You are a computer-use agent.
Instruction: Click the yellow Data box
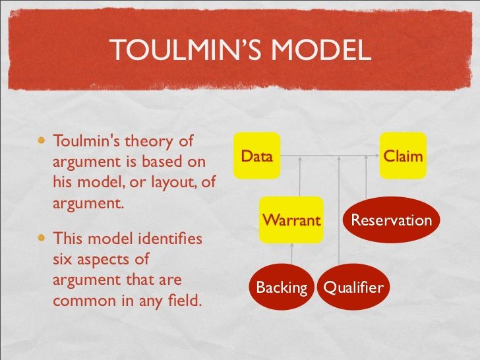257,156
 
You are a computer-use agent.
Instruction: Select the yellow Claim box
403,156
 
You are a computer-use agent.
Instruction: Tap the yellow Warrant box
291,220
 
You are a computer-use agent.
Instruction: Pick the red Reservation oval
391,220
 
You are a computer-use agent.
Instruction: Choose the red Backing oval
282,287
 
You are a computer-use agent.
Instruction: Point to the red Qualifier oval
353,287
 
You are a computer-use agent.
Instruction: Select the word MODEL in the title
321,49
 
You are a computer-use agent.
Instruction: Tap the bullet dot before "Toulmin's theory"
42,140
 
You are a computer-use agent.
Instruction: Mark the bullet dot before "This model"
42,238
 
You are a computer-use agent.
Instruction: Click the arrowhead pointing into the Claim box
377,156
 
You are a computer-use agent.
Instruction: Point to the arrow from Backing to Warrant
291,253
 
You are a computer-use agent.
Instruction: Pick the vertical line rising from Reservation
366,177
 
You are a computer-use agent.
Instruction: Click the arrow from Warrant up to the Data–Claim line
300,176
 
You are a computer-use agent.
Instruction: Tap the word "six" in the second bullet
63,259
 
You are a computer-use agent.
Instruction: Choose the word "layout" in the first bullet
173,182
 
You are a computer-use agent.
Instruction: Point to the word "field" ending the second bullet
185,300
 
